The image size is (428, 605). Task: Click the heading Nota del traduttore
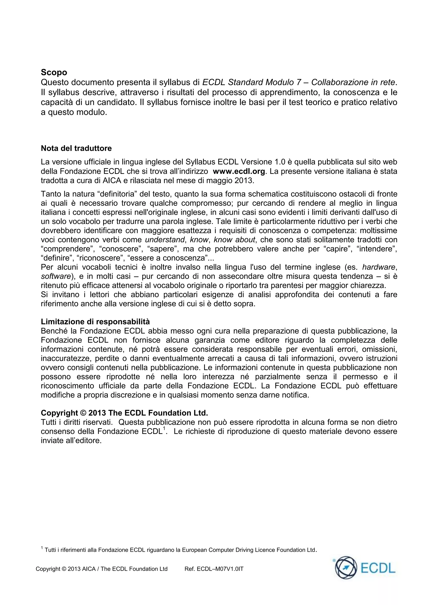coord(76,148)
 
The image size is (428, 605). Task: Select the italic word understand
coord(165,240)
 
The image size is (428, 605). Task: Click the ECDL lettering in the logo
coord(378,568)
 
